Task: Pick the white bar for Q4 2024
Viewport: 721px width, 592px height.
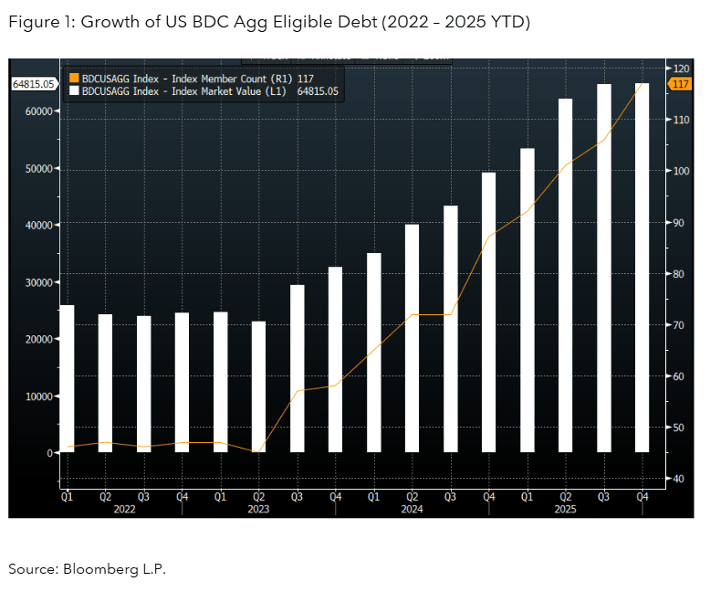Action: [x=488, y=312]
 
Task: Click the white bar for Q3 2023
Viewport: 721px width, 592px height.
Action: [x=297, y=368]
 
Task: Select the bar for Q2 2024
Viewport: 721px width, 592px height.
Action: [x=412, y=338]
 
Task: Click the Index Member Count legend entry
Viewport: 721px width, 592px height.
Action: [x=196, y=79]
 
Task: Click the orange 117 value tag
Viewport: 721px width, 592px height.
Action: [x=681, y=84]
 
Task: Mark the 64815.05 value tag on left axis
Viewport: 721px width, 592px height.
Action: [x=34, y=84]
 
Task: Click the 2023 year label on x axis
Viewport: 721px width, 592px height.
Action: [x=258, y=510]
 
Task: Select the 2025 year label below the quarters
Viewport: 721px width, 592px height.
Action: [x=565, y=510]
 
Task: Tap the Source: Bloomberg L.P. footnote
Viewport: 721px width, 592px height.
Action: [x=88, y=569]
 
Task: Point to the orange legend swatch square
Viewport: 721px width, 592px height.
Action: [x=75, y=79]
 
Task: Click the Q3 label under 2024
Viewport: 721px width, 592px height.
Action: [x=450, y=497]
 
